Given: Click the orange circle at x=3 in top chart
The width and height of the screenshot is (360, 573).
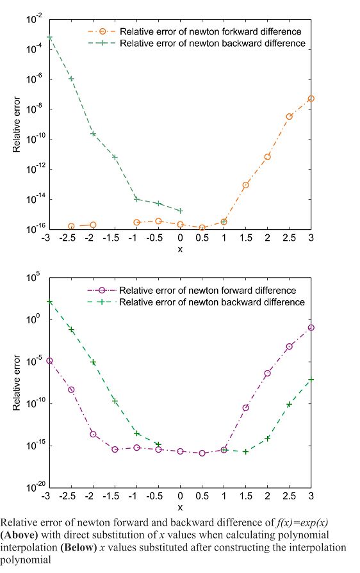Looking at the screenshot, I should coord(311,99).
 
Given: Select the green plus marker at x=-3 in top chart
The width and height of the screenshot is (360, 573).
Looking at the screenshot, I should coord(49,38).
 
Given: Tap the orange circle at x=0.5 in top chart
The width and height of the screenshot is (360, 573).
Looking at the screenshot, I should coord(202,228).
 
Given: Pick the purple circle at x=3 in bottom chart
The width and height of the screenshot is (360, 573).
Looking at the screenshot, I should coord(311,328).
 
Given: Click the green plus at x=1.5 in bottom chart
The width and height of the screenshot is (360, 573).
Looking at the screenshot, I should coord(245,451).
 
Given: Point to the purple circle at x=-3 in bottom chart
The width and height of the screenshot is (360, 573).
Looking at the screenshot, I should coord(49,361).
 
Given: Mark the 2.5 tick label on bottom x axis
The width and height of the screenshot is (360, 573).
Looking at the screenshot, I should coord(289,497).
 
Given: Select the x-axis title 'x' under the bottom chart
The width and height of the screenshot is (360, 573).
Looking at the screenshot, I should coord(180,507).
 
